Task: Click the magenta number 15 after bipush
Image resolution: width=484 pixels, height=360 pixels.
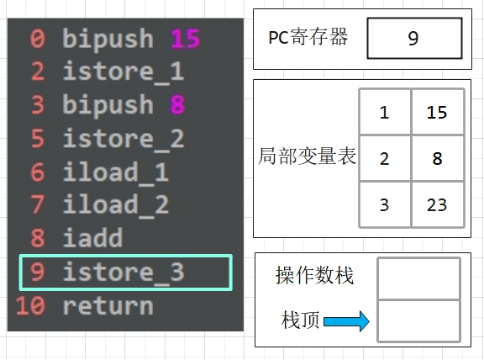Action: [186, 39]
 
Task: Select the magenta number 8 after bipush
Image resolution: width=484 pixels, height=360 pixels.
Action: [178, 104]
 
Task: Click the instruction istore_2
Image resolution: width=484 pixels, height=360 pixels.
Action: [124, 140]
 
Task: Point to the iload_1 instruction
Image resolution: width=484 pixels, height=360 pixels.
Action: [116, 173]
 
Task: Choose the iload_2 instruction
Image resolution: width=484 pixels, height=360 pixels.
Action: [116, 205]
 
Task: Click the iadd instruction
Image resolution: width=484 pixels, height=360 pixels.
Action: [92, 238]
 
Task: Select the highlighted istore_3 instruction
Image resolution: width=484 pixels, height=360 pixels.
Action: [124, 273]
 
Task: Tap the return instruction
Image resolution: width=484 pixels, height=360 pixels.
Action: [108, 306]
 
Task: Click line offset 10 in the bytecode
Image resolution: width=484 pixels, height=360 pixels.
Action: [30, 306]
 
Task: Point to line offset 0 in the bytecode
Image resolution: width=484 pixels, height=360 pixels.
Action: [38, 39]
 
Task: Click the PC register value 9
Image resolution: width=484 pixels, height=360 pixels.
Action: [413, 39]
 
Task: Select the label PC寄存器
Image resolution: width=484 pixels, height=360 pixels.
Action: [308, 37]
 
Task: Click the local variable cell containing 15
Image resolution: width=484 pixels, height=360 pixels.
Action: [437, 112]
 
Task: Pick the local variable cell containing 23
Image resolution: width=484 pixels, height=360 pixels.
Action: [437, 205]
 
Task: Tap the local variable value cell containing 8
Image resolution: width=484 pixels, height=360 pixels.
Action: [437, 158]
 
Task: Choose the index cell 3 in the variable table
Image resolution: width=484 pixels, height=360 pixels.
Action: [385, 205]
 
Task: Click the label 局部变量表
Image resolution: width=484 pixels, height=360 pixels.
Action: [307, 156]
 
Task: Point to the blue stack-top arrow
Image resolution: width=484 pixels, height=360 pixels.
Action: [346, 321]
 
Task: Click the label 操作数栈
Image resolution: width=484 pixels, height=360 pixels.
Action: [314, 275]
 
